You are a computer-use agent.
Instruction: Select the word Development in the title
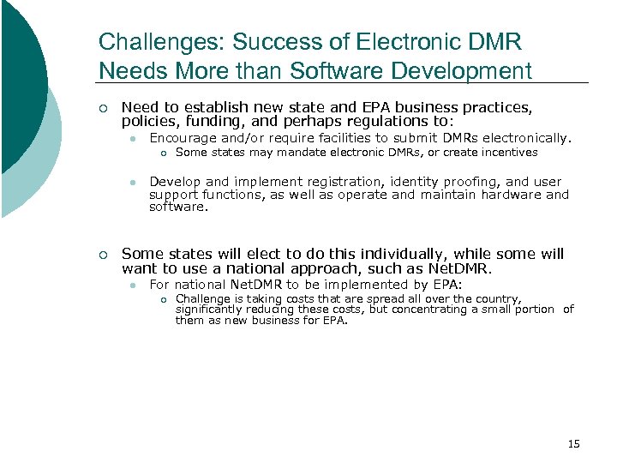(464, 71)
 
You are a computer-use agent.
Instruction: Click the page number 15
(573, 443)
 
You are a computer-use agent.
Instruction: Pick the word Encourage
(183, 138)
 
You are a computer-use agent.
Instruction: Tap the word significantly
(213, 310)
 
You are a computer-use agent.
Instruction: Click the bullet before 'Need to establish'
(103, 109)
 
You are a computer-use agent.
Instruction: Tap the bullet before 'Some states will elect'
(103, 255)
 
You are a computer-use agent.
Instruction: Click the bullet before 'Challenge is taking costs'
(163, 299)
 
